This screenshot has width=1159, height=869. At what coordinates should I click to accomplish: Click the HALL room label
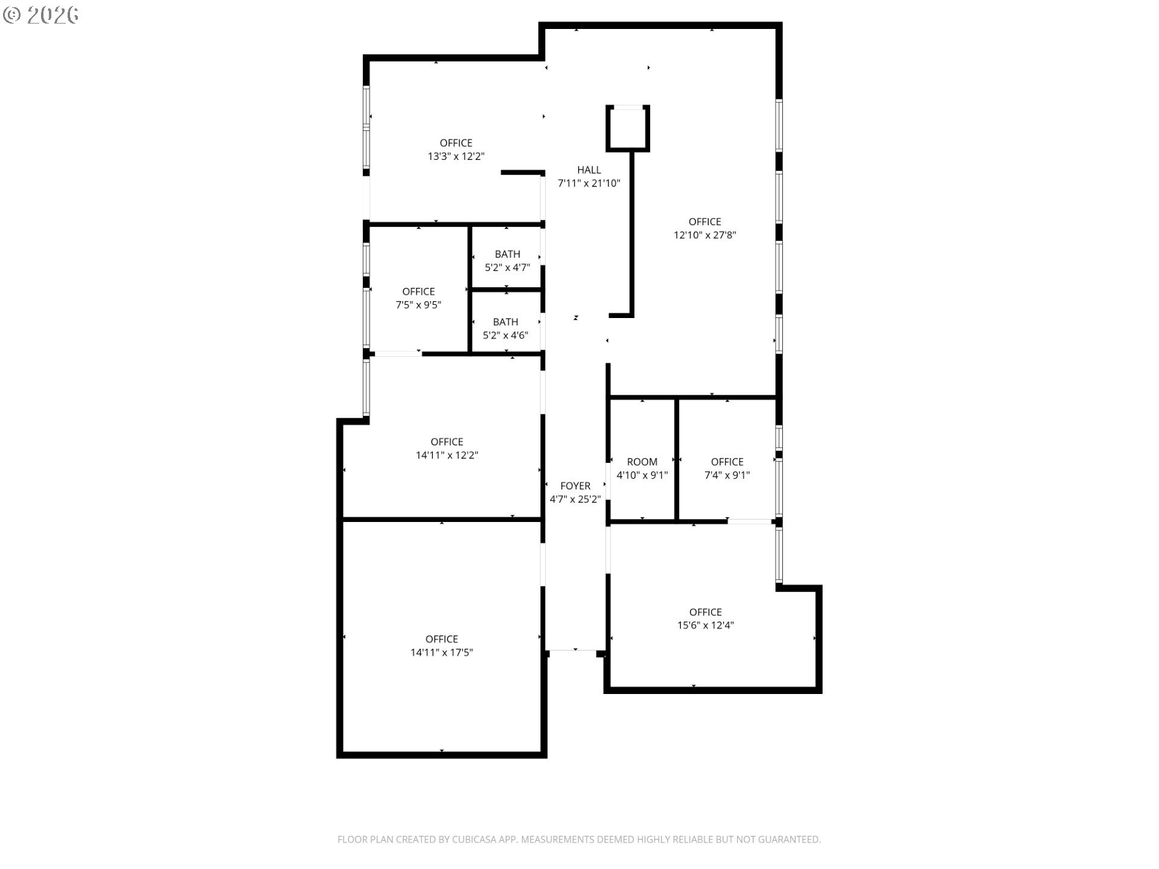pyautogui.click(x=589, y=170)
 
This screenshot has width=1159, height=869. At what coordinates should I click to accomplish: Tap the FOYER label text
pyautogui.click(x=575, y=486)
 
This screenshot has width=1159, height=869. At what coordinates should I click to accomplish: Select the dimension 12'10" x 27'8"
pyautogui.click(x=705, y=235)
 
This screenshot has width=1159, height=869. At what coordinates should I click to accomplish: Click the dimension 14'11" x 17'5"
pyautogui.click(x=442, y=652)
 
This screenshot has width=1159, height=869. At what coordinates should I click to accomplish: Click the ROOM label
pyautogui.click(x=642, y=462)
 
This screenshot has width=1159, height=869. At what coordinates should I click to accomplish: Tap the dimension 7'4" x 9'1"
pyautogui.click(x=727, y=475)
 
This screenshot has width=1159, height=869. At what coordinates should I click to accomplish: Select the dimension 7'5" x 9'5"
pyautogui.click(x=418, y=305)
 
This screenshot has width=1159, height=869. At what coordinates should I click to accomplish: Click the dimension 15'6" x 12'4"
pyautogui.click(x=706, y=625)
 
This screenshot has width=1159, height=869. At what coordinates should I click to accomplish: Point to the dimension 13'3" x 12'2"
pyautogui.click(x=456, y=156)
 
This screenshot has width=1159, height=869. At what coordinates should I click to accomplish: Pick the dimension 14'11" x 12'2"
pyautogui.click(x=447, y=455)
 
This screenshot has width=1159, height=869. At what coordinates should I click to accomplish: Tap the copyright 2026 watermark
pyautogui.click(x=41, y=15)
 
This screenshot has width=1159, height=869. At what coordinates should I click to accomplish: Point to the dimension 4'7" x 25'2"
pyautogui.click(x=575, y=499)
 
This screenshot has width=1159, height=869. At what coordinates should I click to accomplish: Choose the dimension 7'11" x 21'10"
pyautogui.click(x=589, y=183)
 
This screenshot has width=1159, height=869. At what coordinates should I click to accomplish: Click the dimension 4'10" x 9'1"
pyautogui.click(x=642, y=475)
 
